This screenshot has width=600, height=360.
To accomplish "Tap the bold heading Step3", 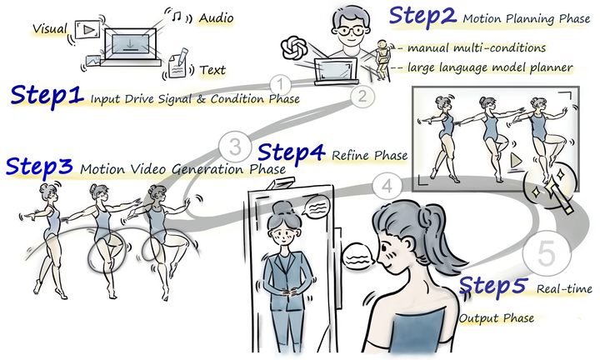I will point(41,166).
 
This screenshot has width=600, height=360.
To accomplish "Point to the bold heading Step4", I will point(294,152).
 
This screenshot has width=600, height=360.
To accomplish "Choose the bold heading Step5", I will point(494,287).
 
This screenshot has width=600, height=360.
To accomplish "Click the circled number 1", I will point(282,83).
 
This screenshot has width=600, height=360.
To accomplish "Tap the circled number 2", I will point(361,95).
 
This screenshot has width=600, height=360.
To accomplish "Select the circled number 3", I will point(235,147).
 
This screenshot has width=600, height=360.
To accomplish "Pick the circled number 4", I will point(384,185).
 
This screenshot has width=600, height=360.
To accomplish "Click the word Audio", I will point(215,17).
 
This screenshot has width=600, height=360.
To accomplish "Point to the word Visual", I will point(49,29).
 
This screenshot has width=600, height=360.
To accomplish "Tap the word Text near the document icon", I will point(216,71).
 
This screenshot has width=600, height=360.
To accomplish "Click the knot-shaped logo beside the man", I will point(296,48).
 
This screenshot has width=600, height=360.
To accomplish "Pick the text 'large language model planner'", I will point(488,67).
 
